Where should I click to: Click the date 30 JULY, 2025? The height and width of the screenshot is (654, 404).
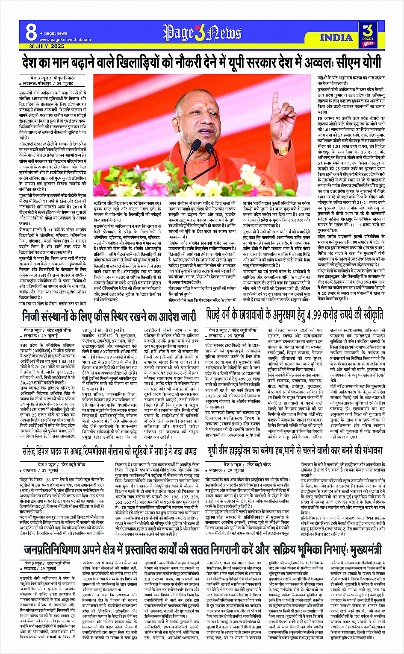click(44, 46)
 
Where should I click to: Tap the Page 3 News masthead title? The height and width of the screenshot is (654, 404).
click(202, 33)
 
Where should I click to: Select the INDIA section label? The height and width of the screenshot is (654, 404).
click(336, 38)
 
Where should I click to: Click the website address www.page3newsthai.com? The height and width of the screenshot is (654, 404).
click(59, 39)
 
